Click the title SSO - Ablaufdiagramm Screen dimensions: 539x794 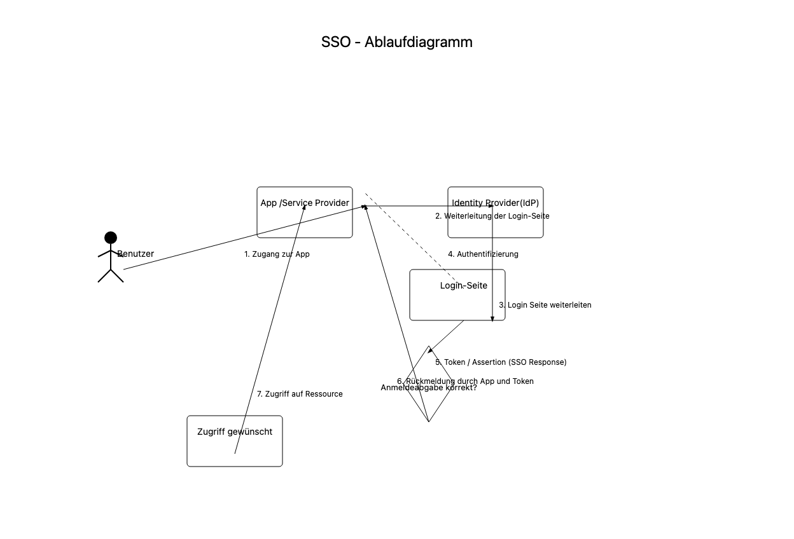pos(396,43)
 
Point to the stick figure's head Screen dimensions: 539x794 pos(111,238)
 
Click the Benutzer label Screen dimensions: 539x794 pos(136,254)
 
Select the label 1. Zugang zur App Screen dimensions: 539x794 pos(277,254)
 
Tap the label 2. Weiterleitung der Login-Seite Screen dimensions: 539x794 pos(492,216)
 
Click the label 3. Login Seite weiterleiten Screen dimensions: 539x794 pos(545,305)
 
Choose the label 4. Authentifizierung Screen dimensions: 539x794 pos(483,254)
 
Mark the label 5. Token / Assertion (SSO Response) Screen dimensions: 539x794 pos(501,362)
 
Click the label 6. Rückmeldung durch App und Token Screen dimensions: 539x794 pos(465,381)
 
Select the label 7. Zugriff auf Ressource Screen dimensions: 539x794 pos(300,394)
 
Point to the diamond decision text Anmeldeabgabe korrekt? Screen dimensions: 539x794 pos(428,388)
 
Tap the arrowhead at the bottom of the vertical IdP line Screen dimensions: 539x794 pos(492,318)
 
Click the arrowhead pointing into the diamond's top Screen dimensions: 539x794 pos(431,350)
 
